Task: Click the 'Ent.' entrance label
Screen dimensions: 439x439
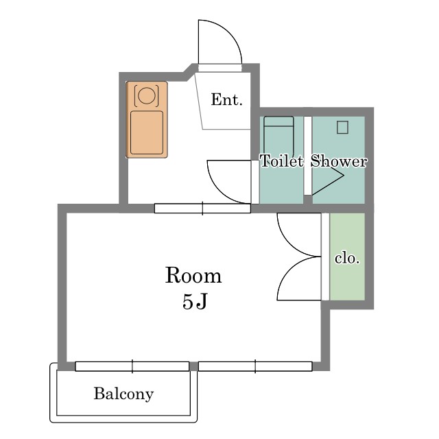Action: click(226, 99)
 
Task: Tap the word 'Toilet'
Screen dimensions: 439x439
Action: click(282, 161)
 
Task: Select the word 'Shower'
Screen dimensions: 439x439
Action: click(339, 161)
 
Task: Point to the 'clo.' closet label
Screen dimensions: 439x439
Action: click(347, 258)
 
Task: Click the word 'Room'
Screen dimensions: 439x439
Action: click(193, 276)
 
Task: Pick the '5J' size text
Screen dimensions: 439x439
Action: click(195, 302)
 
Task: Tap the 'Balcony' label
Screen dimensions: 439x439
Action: click(123, 394)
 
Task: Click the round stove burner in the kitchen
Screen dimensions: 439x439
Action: click(147, 95)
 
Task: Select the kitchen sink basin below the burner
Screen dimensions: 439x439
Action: click(147, 132)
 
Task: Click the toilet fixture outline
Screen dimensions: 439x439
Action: click(278, 137)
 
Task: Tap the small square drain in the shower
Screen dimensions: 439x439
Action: click(342, 128)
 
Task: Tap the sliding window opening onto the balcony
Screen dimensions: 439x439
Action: click(132, 366)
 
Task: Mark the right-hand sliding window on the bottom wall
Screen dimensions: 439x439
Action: click(255, 366)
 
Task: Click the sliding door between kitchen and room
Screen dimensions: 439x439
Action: click(202, 209)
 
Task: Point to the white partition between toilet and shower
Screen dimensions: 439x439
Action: click(308, 156)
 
